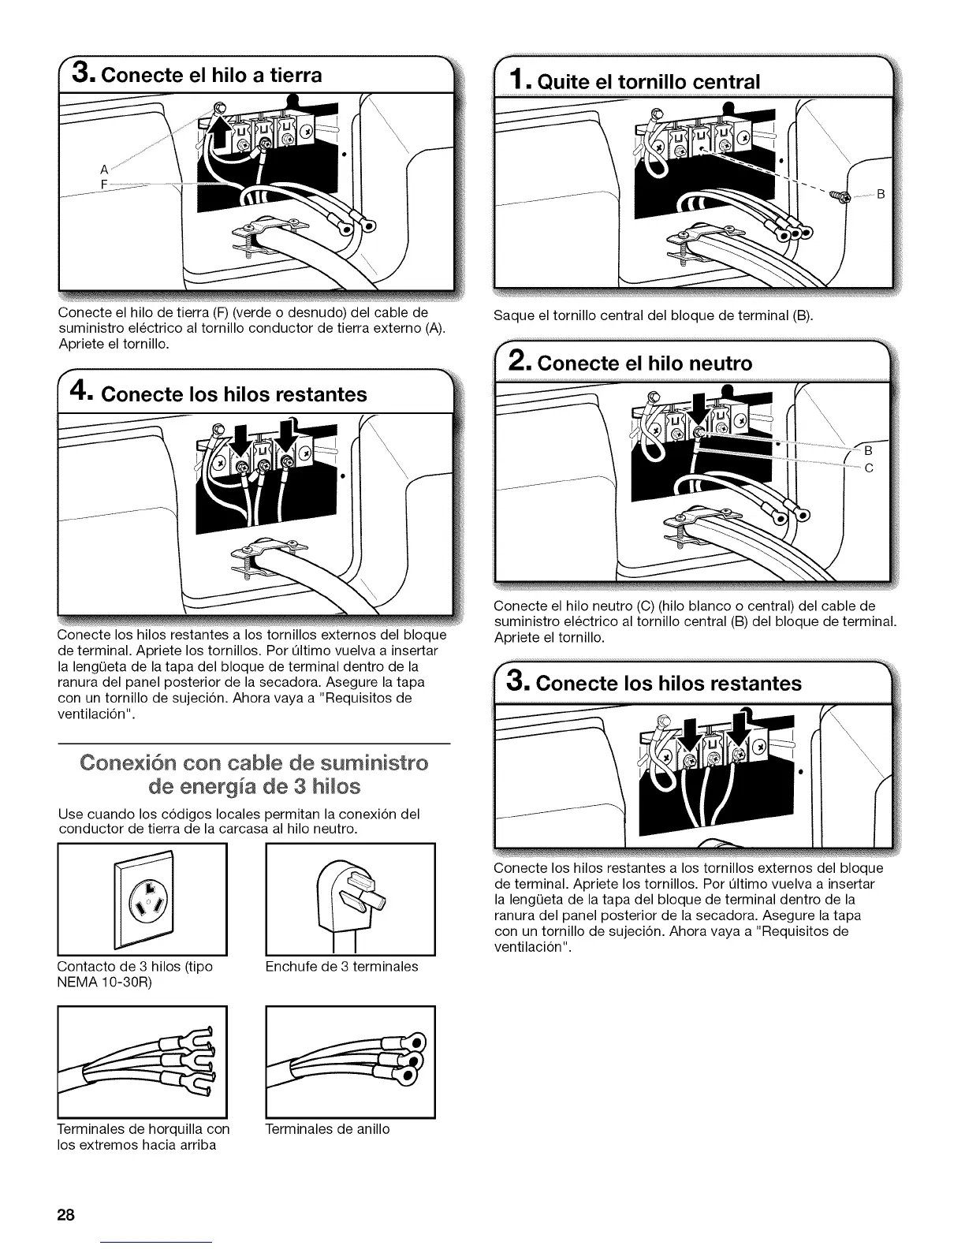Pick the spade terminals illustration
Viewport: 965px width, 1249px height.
pos(143,1061)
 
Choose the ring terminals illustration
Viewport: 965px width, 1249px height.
pos(351,1061)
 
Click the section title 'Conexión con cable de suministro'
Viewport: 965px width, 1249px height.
pos(254,763)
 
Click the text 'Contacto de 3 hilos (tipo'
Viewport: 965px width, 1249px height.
pos(135,967)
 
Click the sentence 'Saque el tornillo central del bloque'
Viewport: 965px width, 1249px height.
pos(651,316)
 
